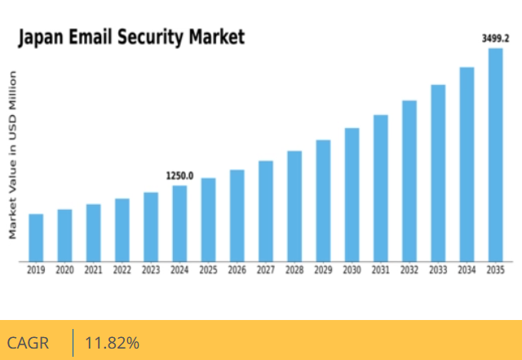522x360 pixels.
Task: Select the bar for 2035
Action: click(496, 155)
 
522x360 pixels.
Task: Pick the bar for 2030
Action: click(352, 195)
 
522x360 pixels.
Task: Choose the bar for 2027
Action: click(266, 211)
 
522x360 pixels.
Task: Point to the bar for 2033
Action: click(438, 173)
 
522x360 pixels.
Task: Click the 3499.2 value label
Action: click(496, 38)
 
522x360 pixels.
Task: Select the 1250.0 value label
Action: click(179, 176)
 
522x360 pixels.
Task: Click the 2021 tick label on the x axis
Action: click(93, 270)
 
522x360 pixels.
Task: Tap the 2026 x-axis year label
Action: click(237, 270)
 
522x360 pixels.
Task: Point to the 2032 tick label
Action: click(409, 270)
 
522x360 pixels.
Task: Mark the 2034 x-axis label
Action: click(467, 270)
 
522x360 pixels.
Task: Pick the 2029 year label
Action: click(323, 270)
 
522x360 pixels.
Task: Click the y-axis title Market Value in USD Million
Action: click(13, 155)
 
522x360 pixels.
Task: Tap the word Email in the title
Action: click(93, 38)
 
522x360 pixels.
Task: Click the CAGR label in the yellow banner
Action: click(28, 343)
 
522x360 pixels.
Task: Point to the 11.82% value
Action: click(112, 343)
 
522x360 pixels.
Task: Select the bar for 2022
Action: click(122, 230)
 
